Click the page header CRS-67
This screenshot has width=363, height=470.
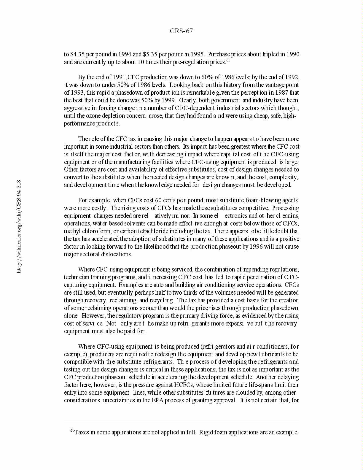(181, 31)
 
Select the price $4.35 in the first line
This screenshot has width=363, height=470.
(77, 54)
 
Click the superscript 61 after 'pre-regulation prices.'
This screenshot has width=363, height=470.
(228, 60)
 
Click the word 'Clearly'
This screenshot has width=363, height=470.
(187, 101)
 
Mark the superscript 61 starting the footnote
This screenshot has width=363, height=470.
(72, 431)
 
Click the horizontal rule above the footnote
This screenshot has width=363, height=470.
(181, 421)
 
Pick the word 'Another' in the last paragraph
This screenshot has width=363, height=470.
(266, 377)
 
